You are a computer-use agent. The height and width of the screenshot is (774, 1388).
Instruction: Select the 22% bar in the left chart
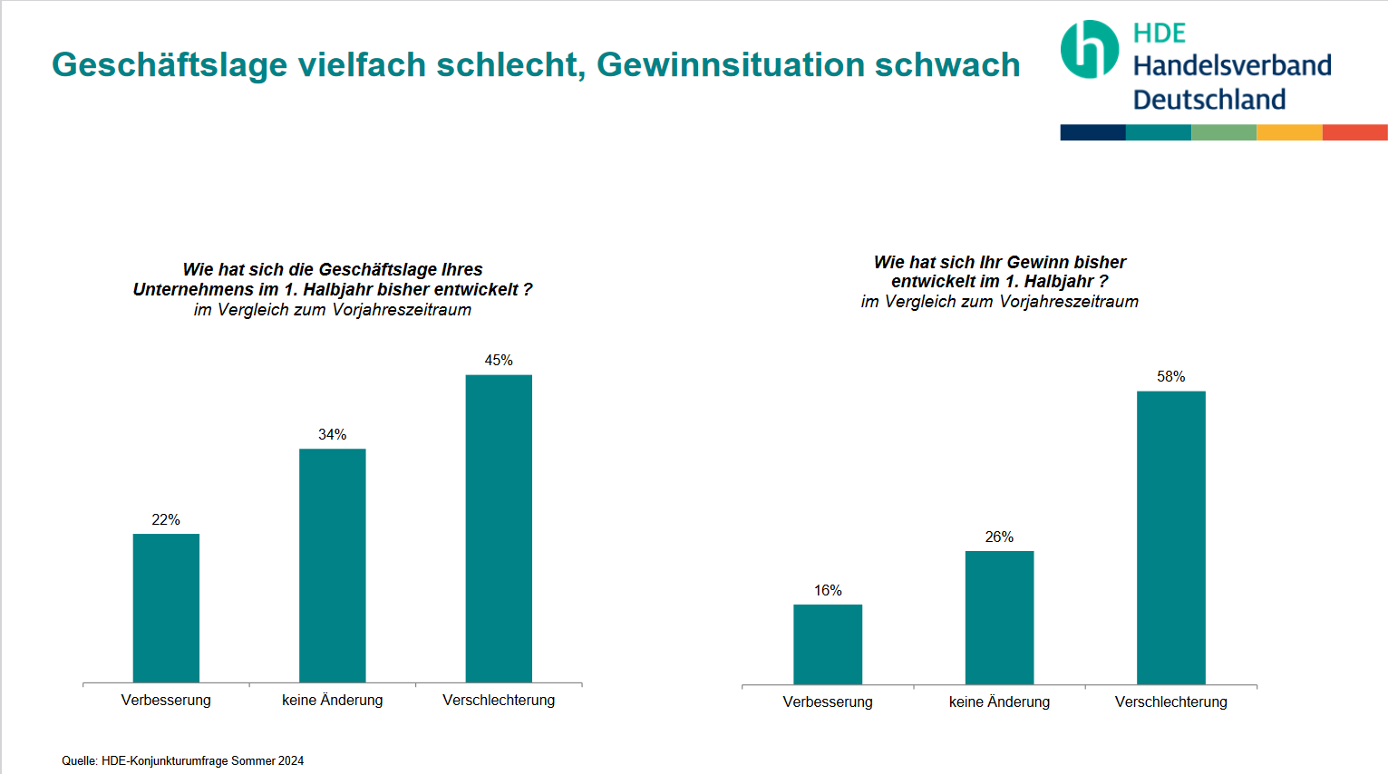[166, 608]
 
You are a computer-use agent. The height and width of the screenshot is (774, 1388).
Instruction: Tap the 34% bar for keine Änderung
[333, 566]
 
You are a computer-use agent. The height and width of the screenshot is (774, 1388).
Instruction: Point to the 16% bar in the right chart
[828, 644]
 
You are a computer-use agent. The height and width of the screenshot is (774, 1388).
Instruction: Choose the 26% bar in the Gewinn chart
[999, 617]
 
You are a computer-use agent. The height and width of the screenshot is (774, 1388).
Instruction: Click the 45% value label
[499, 361]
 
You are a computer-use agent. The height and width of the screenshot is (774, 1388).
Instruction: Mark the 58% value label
[1170, 377]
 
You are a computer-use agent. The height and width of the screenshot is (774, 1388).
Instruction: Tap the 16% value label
[828, 591]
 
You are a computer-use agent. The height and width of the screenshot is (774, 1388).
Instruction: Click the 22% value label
[166, 520]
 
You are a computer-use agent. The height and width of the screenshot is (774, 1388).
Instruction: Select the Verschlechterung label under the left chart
[499, 701]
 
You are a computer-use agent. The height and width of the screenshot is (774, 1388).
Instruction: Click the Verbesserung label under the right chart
[828, 702]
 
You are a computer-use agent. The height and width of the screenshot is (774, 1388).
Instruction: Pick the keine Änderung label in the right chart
[999, 702]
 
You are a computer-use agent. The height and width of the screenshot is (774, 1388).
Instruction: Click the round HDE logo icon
[1090, 50]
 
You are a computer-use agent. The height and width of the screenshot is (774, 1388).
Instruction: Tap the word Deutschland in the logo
[1209, 100]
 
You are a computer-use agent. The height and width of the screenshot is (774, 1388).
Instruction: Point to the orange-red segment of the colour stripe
[1354, 132]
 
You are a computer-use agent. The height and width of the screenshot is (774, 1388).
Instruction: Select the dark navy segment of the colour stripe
[1092, 132]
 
